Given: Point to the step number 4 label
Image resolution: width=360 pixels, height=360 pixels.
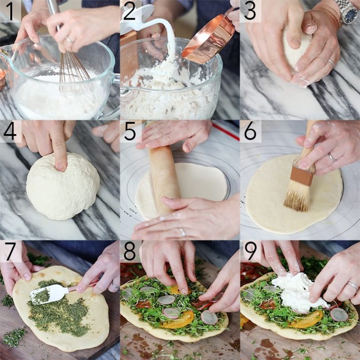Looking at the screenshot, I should coord(9,131).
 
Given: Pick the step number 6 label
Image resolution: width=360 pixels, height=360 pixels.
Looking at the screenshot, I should coord(250,131).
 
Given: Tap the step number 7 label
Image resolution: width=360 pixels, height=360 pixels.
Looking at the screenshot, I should coord(9,251).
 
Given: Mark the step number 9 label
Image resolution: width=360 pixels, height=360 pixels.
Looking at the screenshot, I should coord(250,251).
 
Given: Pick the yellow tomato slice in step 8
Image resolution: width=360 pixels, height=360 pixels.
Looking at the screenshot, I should coord(178,319).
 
